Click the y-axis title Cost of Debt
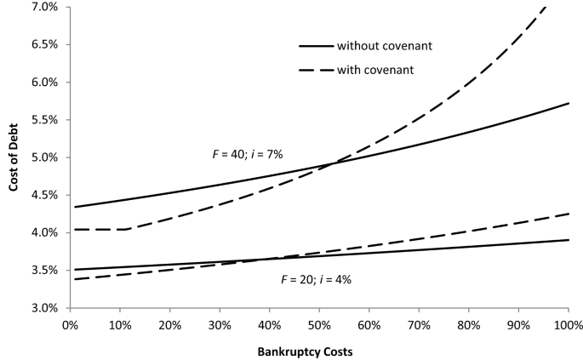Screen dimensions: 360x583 (x=13, y=157)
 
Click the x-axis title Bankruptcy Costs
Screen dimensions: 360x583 (x=318, y=350)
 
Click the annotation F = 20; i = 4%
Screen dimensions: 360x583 (x=317, y=279)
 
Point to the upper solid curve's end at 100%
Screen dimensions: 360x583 (x=569, y=103)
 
